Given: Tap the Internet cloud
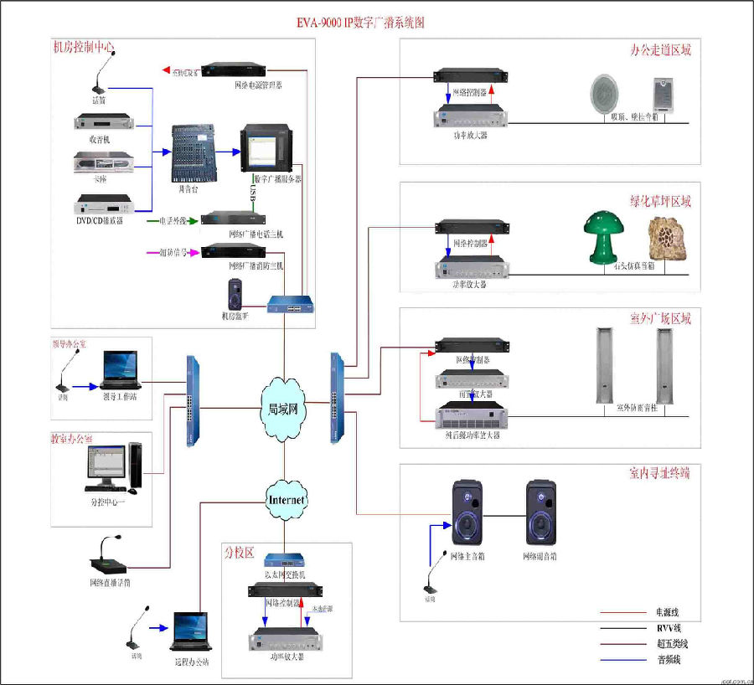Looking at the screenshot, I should [286, 500].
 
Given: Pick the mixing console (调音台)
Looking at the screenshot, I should [194, 153].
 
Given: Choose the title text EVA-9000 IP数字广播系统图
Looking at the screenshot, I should [361, 23].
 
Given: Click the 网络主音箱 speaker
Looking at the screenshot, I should [467, 512].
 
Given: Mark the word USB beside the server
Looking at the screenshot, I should [251, 193].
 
